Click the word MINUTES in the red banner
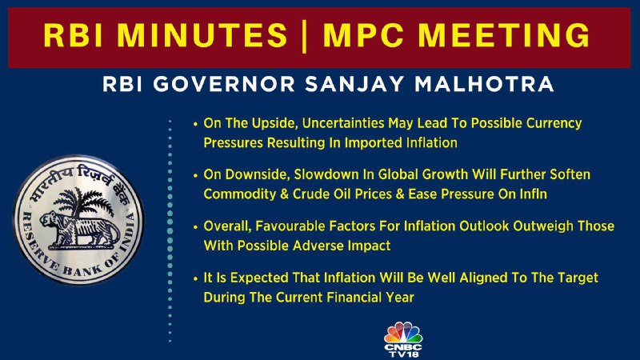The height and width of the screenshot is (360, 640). pyautogui.click(x=202, y=34)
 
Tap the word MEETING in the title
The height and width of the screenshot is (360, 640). pyautogui.click(x=504, y=34)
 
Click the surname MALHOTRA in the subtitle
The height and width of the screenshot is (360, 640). pyautogui.click(x=484, y=84)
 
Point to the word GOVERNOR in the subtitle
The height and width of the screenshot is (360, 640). pyautogui.click(x=224, y=84)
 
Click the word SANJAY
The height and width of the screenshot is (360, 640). pyautogui.click(x=354, y=84)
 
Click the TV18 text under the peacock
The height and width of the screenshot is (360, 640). pyautogui.click(x=404, y=354)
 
